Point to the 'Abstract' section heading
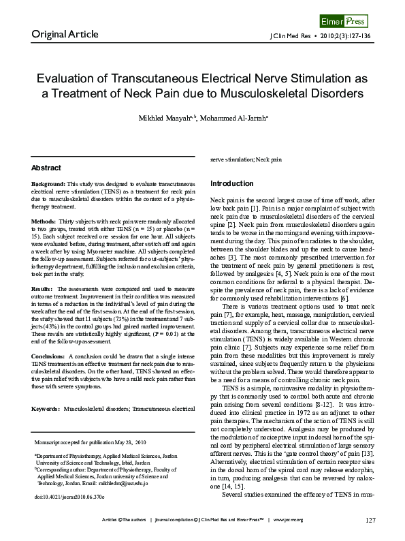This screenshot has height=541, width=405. point(46,168)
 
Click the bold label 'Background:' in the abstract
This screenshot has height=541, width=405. point(48,185)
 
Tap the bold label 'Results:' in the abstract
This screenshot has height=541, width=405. point(44,289)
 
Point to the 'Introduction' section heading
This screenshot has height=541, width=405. point(231,184)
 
